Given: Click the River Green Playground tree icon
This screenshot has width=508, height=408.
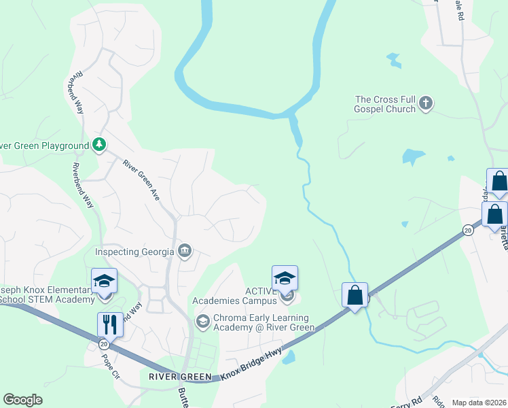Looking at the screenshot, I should (99, 145).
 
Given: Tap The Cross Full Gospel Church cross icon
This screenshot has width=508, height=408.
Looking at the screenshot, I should (426, 103).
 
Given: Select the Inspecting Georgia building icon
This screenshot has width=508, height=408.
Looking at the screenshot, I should (184, 252).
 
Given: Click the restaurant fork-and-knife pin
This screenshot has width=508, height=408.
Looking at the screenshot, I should (109, 324).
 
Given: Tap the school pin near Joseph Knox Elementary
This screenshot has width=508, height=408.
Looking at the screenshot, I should (105, 280).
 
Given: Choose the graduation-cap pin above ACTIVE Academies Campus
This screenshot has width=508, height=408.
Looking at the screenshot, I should (285, 277).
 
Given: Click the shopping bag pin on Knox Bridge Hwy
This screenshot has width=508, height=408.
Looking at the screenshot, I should (355, 295).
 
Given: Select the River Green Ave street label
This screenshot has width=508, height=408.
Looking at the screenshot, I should (141, 180).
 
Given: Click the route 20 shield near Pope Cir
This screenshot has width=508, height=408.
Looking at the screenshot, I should (104, 344).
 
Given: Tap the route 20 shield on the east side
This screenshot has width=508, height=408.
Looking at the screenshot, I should (468, 230).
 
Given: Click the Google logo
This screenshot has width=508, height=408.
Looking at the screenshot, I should (22, 400).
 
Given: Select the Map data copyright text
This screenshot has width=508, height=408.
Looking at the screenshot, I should (478, 403).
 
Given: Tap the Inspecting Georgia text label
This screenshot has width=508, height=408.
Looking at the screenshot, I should (134, 252).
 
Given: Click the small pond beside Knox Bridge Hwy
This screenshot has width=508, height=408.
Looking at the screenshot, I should (289, 357).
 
